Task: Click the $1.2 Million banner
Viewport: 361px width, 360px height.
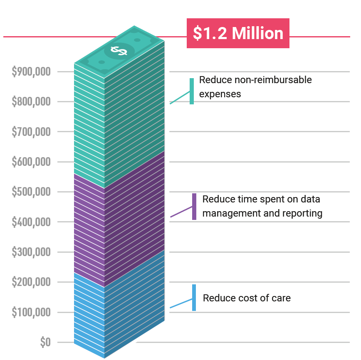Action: pyautogui.click(x=238, y=34)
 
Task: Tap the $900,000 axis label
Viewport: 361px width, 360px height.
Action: pyautogui.click(x=32, y=72)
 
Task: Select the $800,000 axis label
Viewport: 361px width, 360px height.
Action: pyautogui.click(x=32, y=102)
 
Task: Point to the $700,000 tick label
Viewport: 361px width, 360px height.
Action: pyautogui.click(x=32, y=132)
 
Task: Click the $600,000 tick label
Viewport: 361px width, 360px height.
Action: pyautogui.click(x=32, y=162)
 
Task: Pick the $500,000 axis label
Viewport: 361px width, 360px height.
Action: pyautogui.click(x=32, y=192)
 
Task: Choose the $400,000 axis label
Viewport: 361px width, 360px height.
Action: pyautogui.click(x=32, y=222)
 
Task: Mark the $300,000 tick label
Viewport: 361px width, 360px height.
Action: pyautogui.click(x=32, y=252)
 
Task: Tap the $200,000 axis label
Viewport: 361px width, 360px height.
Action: pyautogui.click(x=32, y=282)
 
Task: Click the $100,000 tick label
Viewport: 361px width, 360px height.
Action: pyautogui.click(x=32, y=313)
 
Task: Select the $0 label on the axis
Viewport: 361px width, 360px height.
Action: pyautogui.click(x=45, y=343)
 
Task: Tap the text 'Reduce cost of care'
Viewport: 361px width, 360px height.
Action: pyautogui.click(x=247, y=298)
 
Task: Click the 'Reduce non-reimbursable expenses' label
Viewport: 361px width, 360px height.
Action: pyautogui.click(x=255, y=86)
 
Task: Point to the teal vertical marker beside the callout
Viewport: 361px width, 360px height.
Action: pyautogui.click(x=192, y=91)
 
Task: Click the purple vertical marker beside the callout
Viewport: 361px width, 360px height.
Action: pyautogui.click(x=194, y=207)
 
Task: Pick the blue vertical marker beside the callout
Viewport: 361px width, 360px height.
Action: pyautogui.click(x=194, y=298)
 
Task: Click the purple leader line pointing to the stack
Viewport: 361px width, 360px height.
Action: pyautogui.click(x=181, y=212)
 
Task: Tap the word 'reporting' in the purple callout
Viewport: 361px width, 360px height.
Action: pyautogui.click(x=302, y=214)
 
